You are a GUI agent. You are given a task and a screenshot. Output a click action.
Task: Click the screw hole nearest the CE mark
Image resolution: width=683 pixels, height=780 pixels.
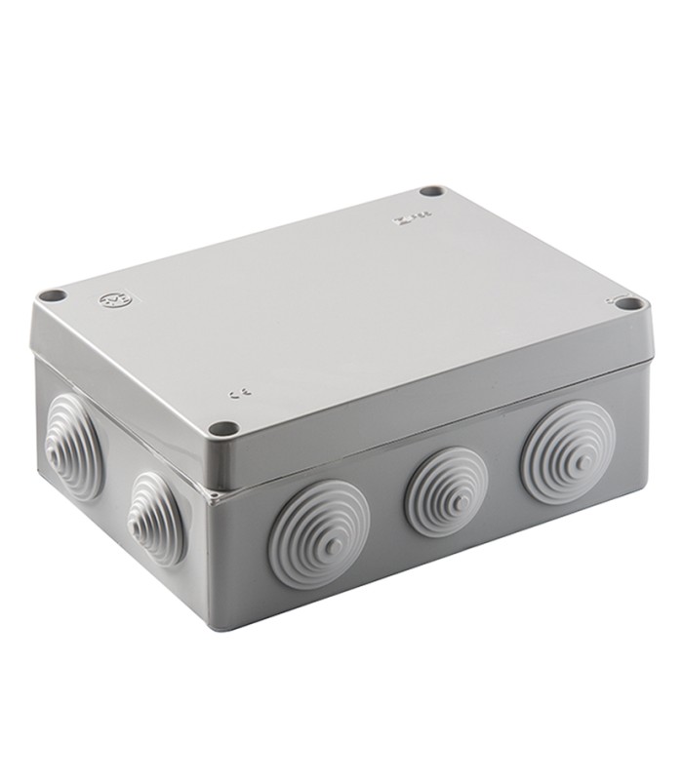(223, 427)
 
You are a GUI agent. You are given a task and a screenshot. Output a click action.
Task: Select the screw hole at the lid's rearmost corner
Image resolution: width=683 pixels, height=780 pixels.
(432, 191)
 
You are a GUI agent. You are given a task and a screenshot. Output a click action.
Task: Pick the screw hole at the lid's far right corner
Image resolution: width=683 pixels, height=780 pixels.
(630, 304)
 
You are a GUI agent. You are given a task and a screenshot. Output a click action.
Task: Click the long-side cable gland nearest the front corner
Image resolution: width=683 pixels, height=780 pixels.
(318, 533)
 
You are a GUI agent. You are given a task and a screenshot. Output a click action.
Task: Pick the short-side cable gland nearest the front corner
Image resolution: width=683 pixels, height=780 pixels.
(156, 517)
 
